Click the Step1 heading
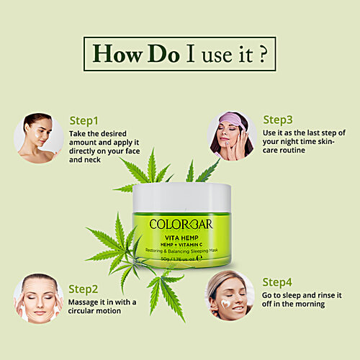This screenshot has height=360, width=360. pyautogui.click(x=85, y=121)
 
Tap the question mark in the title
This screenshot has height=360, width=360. pyautogui.click(x=263, y=54)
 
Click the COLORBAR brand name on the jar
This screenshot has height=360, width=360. pyautogui.click(x=181, y=224)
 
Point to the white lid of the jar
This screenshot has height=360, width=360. pyautogui.click(x=181, y=196)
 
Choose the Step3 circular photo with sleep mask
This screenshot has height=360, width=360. pyautogui.click(x=232, y=136)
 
